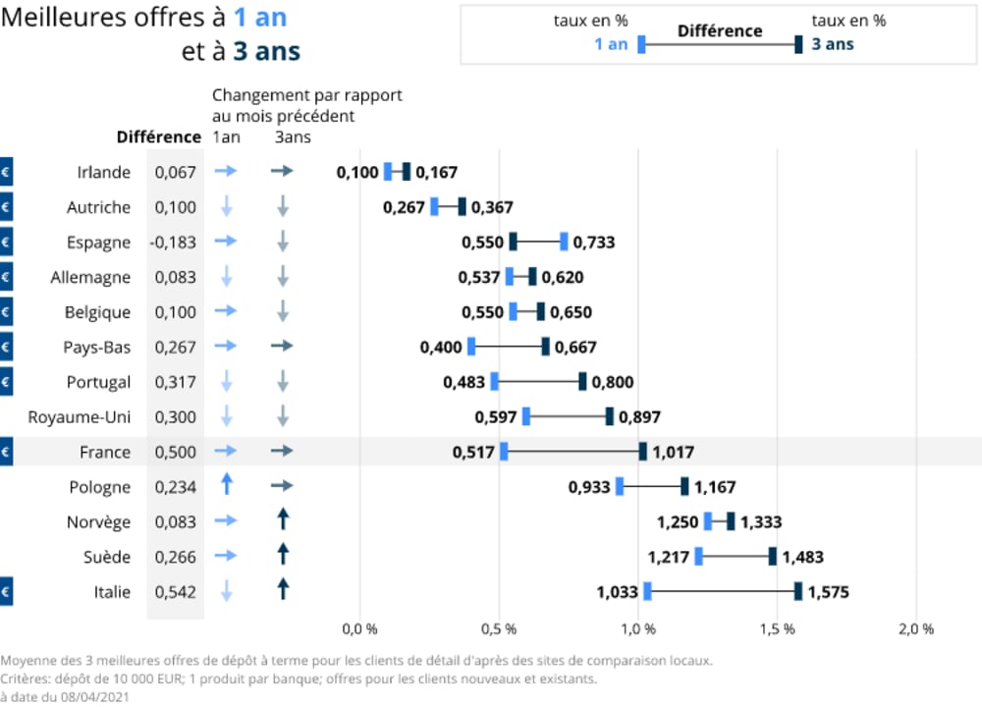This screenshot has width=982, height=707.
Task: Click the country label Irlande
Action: pyautogui.click(x=103, y=172)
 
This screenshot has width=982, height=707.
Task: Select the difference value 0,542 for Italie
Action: pyautogui.click(x=176, y=592)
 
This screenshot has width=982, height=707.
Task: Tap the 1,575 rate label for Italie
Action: pyautogui.click(x=828, y=592)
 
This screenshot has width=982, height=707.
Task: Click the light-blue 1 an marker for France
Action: pyautogui.click(x=504, y=452)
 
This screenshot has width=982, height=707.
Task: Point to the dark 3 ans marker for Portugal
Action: pyautogui.click(x=582, y=382)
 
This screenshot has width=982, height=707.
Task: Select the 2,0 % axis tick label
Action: pyautogui.click(x=915, y=628)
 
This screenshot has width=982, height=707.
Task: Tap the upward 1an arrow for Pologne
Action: pyautogui.click(x=226, y=485)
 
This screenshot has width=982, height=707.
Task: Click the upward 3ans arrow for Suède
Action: pyautogui.click(x=283, y=555)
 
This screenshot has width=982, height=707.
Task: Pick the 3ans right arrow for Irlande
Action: pyautogui.click(x=283, y=172)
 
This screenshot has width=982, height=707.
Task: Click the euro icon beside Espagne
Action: pyautogui.click(x=5, y=242)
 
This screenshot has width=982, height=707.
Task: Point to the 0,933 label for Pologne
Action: pyautogui.click(x=589, y=487)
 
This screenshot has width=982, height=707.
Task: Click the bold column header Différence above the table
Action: pyautogui.click(x=158, y=136)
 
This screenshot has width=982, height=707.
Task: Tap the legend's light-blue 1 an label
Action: pyautogui.click(x=610, y=44)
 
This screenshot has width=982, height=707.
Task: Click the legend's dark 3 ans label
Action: pyautogui.click(x=832, y=44)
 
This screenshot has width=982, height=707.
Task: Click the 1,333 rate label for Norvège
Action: pyautogui.click(x=761, y=522)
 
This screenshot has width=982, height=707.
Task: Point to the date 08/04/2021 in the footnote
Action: pyautogui.click(x=94, y=696)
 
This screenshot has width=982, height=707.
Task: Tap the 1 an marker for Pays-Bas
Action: pyautogui.click(x=471, y=347)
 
